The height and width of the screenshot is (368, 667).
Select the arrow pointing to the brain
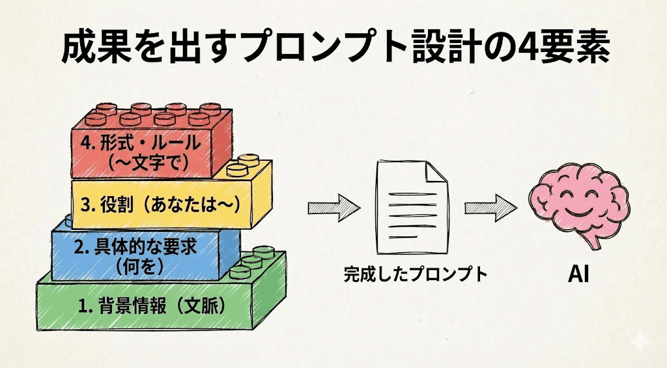pyautogui.click(x=490, y=208)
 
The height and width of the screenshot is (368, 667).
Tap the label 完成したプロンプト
pyautogui.click(x=416, y=274)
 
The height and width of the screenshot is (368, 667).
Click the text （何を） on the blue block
pyautogui.click(x=137, y=265)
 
